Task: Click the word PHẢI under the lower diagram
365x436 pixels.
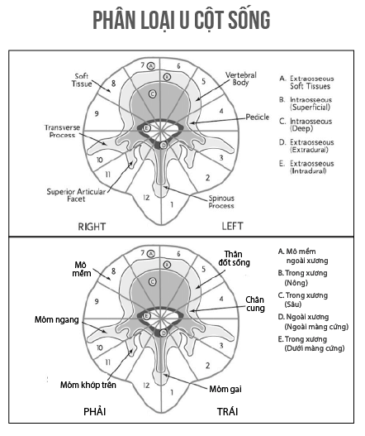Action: (95, 411)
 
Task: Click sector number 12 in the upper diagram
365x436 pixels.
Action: (146, 198)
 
